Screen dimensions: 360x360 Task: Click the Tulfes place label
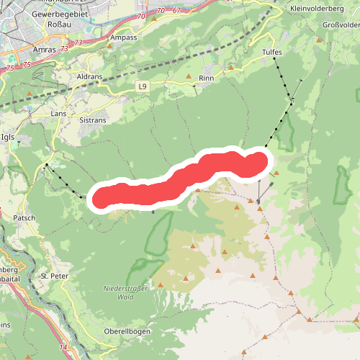click(x=271, y=53)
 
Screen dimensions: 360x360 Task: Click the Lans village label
click(x=59, y=113)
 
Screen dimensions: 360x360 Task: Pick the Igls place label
click(x=8, y=136)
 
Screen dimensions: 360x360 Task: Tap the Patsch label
click(x=24, y=217)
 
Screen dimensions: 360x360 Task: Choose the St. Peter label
click(x=54, y=276)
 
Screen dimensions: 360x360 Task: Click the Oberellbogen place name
click(x=126, y=330)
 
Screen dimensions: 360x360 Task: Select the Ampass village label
click(x=124, y=37)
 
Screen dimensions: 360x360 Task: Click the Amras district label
click(x=44, y=50)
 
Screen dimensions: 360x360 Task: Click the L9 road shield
click(x=143, y=86)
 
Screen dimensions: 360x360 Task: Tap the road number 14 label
click(x=63, y=348)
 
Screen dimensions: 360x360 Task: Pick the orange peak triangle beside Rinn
click(x=189, y=76)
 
